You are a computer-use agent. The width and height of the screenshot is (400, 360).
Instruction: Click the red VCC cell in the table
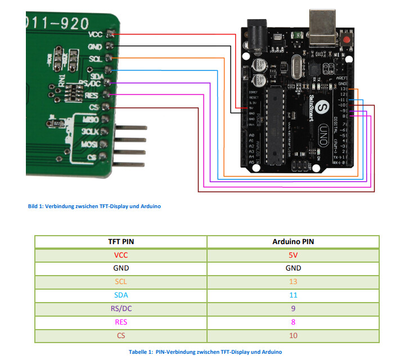(x=120, y=255)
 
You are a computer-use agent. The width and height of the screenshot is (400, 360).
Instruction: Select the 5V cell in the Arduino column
(x=293, y=255)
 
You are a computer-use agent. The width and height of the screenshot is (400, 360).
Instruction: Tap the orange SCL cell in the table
(x=120, y=282)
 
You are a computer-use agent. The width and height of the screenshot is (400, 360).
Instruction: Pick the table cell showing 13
(x=293, y=282)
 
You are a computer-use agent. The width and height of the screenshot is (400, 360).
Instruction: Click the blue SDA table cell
(x=120, y=295)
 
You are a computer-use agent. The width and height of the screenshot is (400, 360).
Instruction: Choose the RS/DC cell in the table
(x=120, y=309)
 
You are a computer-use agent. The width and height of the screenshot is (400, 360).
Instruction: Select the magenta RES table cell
(x=120, y=322)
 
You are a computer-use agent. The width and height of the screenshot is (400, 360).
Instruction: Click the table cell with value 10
(x=293, y=336)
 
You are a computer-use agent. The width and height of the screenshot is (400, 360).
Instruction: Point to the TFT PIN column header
(x=120, y=241)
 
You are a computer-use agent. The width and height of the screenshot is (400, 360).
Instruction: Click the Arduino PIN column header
(x=293, y=241)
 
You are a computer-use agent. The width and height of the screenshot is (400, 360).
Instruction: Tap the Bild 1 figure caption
(x=94, y=206)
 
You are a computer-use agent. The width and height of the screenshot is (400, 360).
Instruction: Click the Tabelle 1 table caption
(x=205, y=352)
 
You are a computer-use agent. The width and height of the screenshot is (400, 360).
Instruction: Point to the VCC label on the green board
(x=96, y=35)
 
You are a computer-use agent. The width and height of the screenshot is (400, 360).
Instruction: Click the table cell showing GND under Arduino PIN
(x=293, y=268)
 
